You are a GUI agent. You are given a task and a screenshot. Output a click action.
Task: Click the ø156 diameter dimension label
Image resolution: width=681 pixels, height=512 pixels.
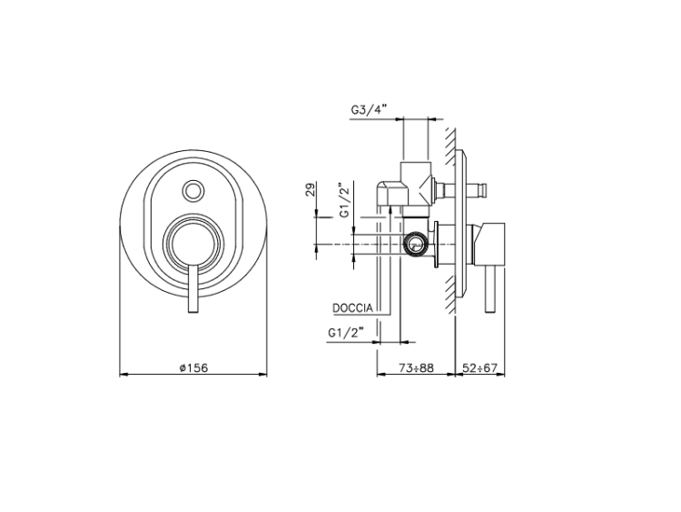(x=193, y=368)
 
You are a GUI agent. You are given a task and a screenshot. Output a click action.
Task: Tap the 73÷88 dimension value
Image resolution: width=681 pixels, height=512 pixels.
(x=416, y=368)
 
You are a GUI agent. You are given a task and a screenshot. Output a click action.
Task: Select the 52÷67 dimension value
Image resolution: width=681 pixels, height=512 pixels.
(x=479, y=368)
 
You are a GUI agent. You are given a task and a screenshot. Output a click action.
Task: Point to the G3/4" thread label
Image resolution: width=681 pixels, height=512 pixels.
(x=369, y=110)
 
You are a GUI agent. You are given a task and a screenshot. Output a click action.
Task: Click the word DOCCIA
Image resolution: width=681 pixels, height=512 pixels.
(x=352, y=308)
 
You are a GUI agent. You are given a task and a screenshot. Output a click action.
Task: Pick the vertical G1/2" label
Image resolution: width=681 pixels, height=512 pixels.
(x=345, y=201)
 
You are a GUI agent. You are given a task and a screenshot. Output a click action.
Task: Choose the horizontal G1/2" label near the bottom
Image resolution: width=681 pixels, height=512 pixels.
(x=345, y=333)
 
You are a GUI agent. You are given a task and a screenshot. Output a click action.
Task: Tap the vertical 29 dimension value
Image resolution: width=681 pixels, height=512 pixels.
(x=311, y=190)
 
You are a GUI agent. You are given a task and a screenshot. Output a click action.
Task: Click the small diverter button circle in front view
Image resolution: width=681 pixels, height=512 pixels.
(x=192, y=190)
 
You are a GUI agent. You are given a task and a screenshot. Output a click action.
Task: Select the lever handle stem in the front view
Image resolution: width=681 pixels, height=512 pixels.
(x=193, y=288)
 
